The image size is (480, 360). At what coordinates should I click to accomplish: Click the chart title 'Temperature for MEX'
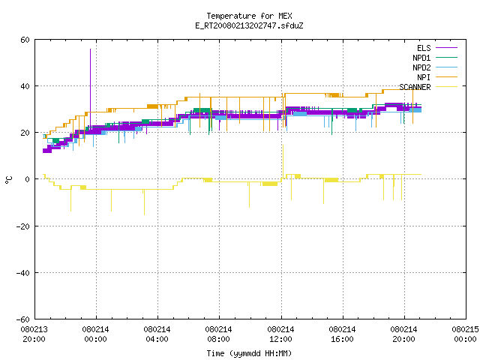click(x=249, y=16)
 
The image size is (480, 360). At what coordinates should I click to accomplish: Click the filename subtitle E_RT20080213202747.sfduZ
click(x=249, y=25)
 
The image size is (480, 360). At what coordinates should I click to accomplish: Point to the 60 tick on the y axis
click(x=25, y=40)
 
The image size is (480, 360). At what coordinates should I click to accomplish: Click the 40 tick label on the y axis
click(x=25, y=86)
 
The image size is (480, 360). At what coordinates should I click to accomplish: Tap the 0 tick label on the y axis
click(x=28, y=179)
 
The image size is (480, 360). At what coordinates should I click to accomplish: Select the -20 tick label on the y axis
click(x=23, y=226)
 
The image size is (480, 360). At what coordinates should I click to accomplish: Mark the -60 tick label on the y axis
click(x=23, y=319)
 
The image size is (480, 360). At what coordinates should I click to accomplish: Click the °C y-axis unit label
click(x=8, y=180)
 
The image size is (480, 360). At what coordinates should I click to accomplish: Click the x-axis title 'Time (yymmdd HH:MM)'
click(x=249, y=353)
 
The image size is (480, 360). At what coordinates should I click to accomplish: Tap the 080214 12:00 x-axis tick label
click(x=280, y=334)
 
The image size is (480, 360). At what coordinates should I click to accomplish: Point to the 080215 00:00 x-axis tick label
click(x=465, y=334)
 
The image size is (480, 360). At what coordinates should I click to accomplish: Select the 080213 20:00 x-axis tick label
click(x=34, y=334)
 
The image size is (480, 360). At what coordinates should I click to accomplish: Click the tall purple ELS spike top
click(x=90, y=49)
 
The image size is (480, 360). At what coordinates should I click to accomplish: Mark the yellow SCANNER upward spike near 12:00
click(x=283, y=145)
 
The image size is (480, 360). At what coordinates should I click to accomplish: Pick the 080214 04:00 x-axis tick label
click(x=157, y=334)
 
